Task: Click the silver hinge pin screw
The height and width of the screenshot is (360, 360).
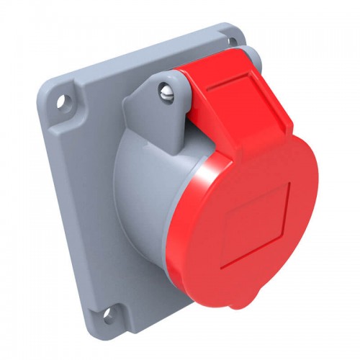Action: pyautogui.click(x=168, y=91)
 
